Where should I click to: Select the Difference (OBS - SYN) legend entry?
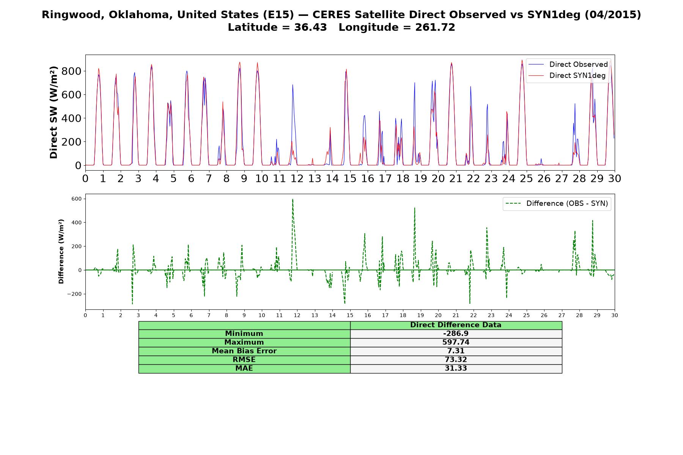click(x=557, y=204)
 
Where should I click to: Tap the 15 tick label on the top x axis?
click(x=350, y=178)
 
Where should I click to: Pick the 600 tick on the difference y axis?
click(x=77, y=199)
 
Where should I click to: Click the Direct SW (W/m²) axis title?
click(x=54, y=112)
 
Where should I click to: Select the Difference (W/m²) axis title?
click(x=61, y=251)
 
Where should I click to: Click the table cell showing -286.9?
click(x=456, y=334)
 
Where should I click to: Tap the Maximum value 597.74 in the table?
click(x=456, y=342)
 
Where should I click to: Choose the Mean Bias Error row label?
click(x=244, y=351)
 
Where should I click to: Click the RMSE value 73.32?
click(x=456, y=360)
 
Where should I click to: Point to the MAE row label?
click(x=244, y=369)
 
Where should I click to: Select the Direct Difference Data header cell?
click(x=456, y=325)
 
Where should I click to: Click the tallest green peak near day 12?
click(x=293, y=199)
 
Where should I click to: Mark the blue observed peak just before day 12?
click(x=293, y=85)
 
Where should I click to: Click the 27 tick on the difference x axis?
click(x=562, y=315)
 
